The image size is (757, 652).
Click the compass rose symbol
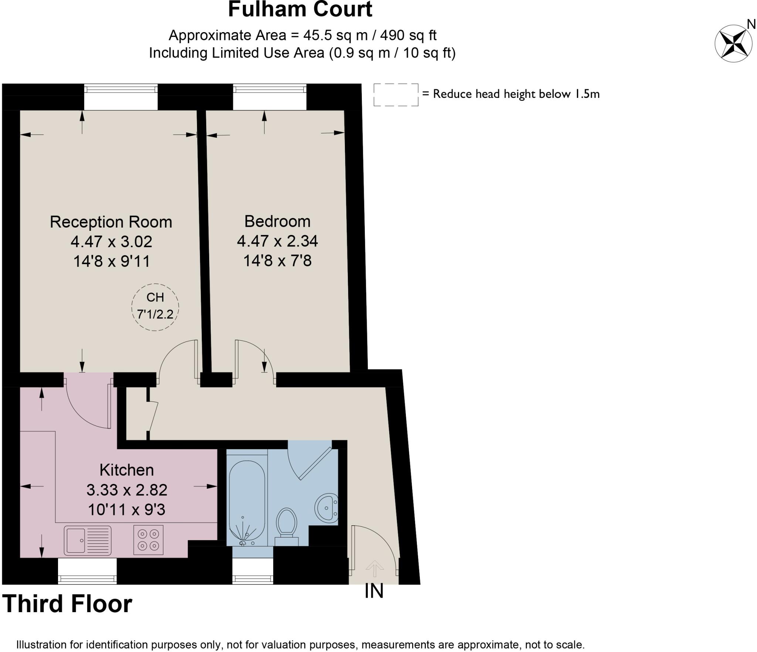(x=733, y=44)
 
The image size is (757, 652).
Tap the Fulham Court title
(x=300, y=10)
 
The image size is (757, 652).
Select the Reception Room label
(x=111, y=222)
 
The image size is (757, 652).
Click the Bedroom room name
(x=277, y=221)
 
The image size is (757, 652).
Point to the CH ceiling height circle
(x=155, y=307)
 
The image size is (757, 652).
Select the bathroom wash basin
(x=326, y=508)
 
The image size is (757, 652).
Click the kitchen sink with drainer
(x=88, y=540)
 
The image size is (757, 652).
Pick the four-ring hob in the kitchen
(x=148, y=540)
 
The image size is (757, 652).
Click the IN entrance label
(x=374, y=591)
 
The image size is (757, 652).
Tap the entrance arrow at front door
(x=374, y=568)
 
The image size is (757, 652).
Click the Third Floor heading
(x=67, y=604)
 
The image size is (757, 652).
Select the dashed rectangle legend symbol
(x=396, y=95)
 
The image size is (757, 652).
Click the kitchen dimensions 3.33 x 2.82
(x=127, y=490)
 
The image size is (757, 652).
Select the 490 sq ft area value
(x=408, y=35)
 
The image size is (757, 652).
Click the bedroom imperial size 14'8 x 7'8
(x=277, y=261)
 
